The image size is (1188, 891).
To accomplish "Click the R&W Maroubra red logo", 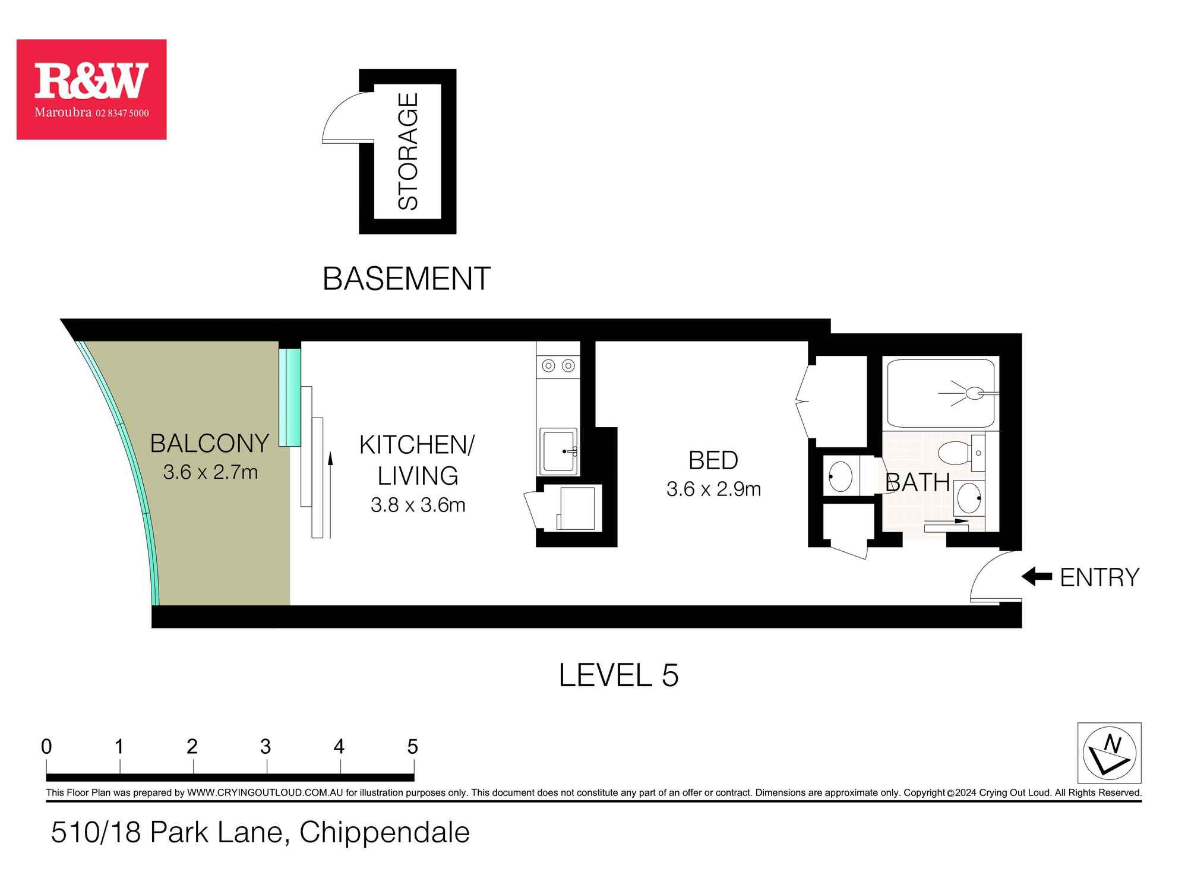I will [x=91, y=89].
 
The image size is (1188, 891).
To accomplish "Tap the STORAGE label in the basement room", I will [x=408, y=151].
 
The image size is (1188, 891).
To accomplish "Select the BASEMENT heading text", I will [x=406, y=279].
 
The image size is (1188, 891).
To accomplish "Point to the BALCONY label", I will [x=209, y=443].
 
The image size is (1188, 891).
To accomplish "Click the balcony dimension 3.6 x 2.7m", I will [x=210, y=472].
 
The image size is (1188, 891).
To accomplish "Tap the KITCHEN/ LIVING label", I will [x=417, y=460].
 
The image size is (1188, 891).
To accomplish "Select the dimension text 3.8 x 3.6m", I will [x=418, y=505].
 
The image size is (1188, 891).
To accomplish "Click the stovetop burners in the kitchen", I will [x=558, y=365].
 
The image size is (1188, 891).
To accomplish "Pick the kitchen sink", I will [x=558, y=451].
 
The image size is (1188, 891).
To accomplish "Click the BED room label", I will [x=713, y=460].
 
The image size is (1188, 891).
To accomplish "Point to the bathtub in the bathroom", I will [x=940, y=393].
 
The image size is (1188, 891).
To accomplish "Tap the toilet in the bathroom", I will [x=956, y=453].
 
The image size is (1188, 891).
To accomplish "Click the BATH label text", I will [x=917, y=482].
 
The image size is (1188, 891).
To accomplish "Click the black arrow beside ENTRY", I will [x=1037, y=576].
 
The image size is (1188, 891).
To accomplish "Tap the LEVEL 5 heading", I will [x=618, y=675].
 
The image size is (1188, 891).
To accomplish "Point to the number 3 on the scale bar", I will [x=266, y=746].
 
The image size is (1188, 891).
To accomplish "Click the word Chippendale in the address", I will [x=384, y=833].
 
